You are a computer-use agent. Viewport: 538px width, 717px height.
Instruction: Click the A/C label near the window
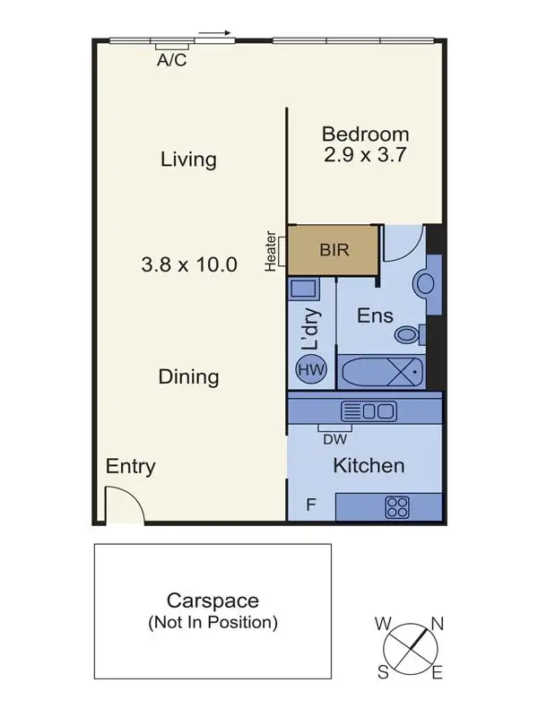171,61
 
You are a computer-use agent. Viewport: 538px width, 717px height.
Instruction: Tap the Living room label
188,160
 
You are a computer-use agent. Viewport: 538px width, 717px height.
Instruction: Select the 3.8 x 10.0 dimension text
188,264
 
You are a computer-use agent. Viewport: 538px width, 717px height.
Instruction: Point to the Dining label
188,376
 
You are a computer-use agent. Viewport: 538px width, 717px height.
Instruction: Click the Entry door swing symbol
123,505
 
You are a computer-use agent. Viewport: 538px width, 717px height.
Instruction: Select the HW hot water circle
311,369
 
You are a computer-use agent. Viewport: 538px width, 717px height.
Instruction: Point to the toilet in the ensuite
409,334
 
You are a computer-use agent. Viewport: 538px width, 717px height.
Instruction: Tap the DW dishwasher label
334,438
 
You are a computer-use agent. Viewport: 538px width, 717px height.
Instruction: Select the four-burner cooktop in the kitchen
396,507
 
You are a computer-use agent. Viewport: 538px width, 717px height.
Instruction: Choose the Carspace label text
213,600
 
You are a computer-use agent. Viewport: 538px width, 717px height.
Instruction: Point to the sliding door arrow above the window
214,34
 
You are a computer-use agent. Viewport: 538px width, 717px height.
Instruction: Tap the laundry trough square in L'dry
303,290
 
